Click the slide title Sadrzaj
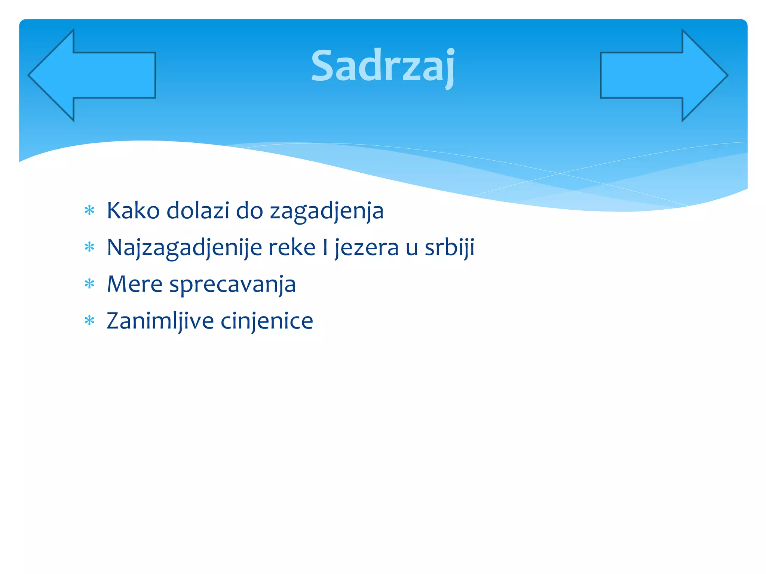383,67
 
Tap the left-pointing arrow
92,75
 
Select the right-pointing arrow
664,75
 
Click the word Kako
133,211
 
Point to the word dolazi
198,211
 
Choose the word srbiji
450,247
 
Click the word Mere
135,284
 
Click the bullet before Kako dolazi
89,210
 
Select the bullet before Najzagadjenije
89,247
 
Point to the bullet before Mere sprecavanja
89,284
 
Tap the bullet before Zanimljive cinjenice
89,321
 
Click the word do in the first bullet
249,211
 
